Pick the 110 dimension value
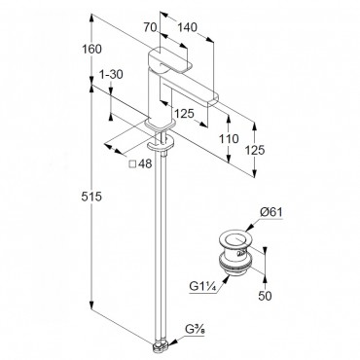point(229,138)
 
